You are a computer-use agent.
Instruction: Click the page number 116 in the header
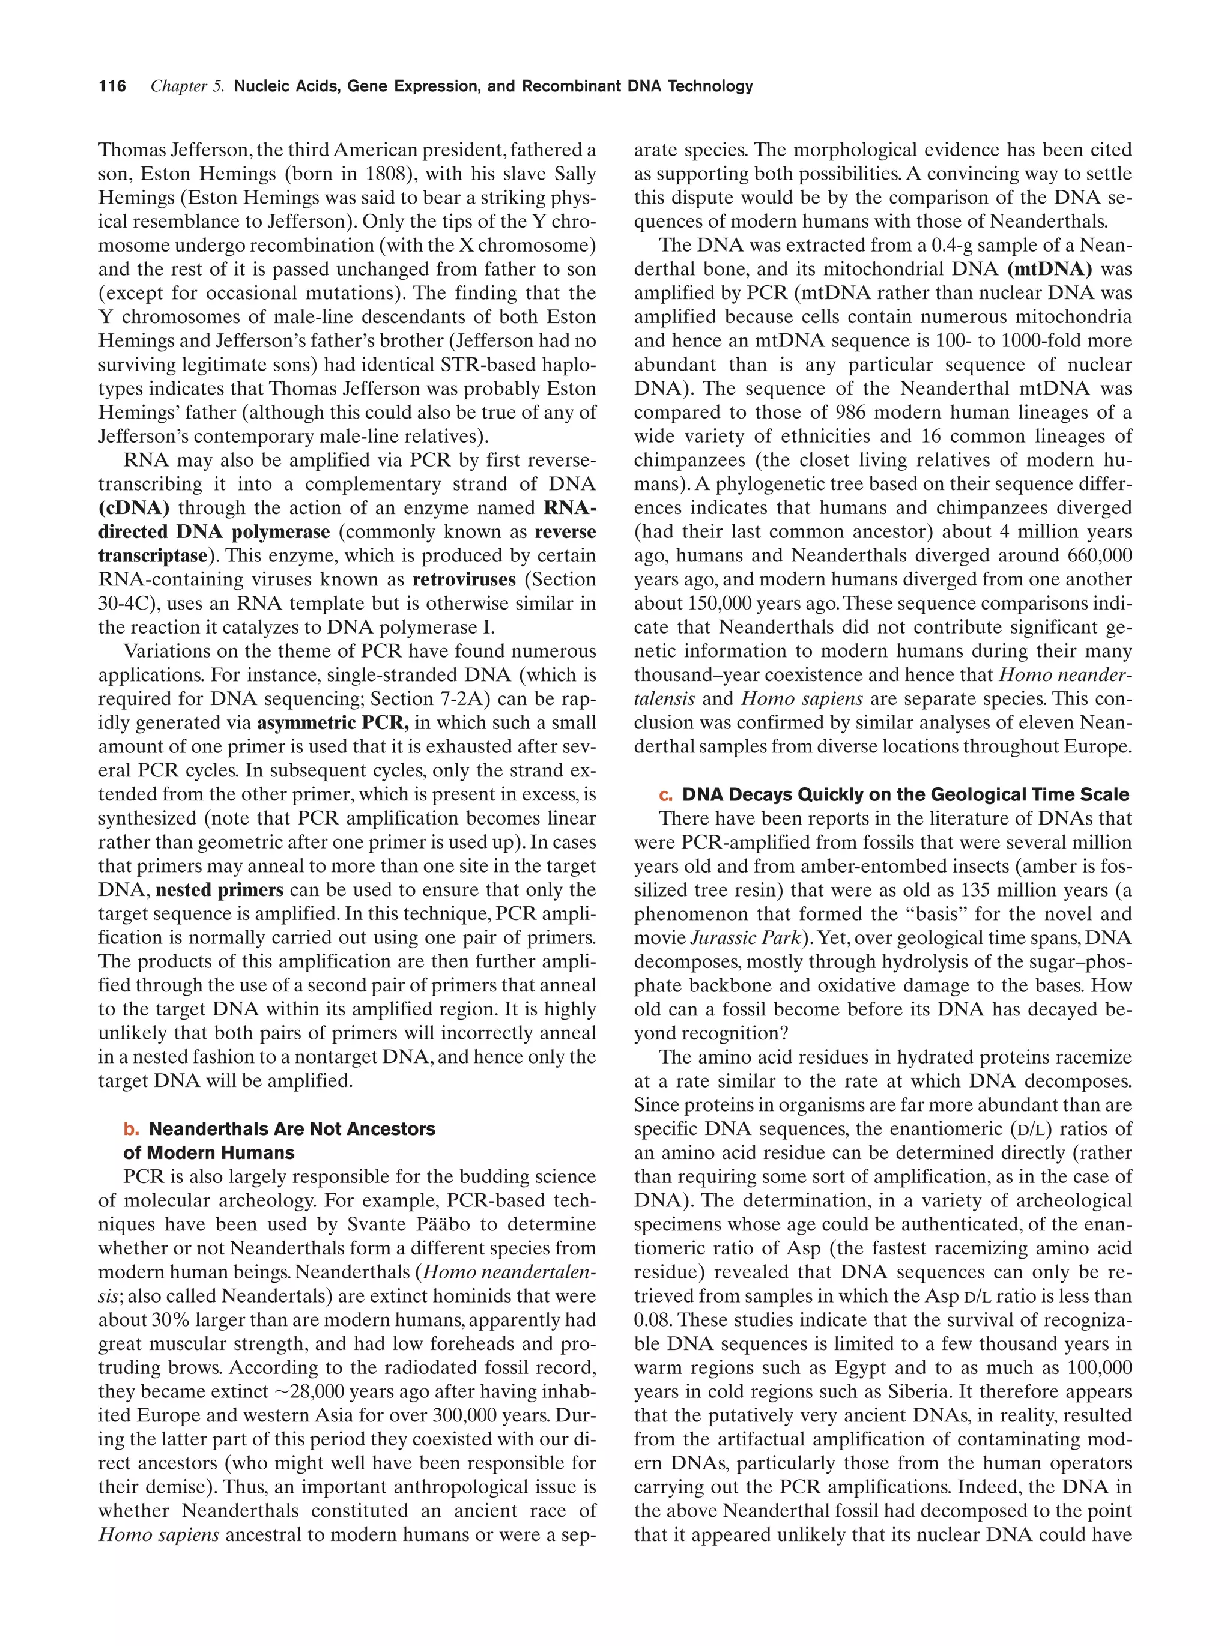(x=112, y=86)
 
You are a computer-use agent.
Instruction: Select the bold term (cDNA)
(x=134, y=507)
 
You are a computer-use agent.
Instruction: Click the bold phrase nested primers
(x=219, y=889)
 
